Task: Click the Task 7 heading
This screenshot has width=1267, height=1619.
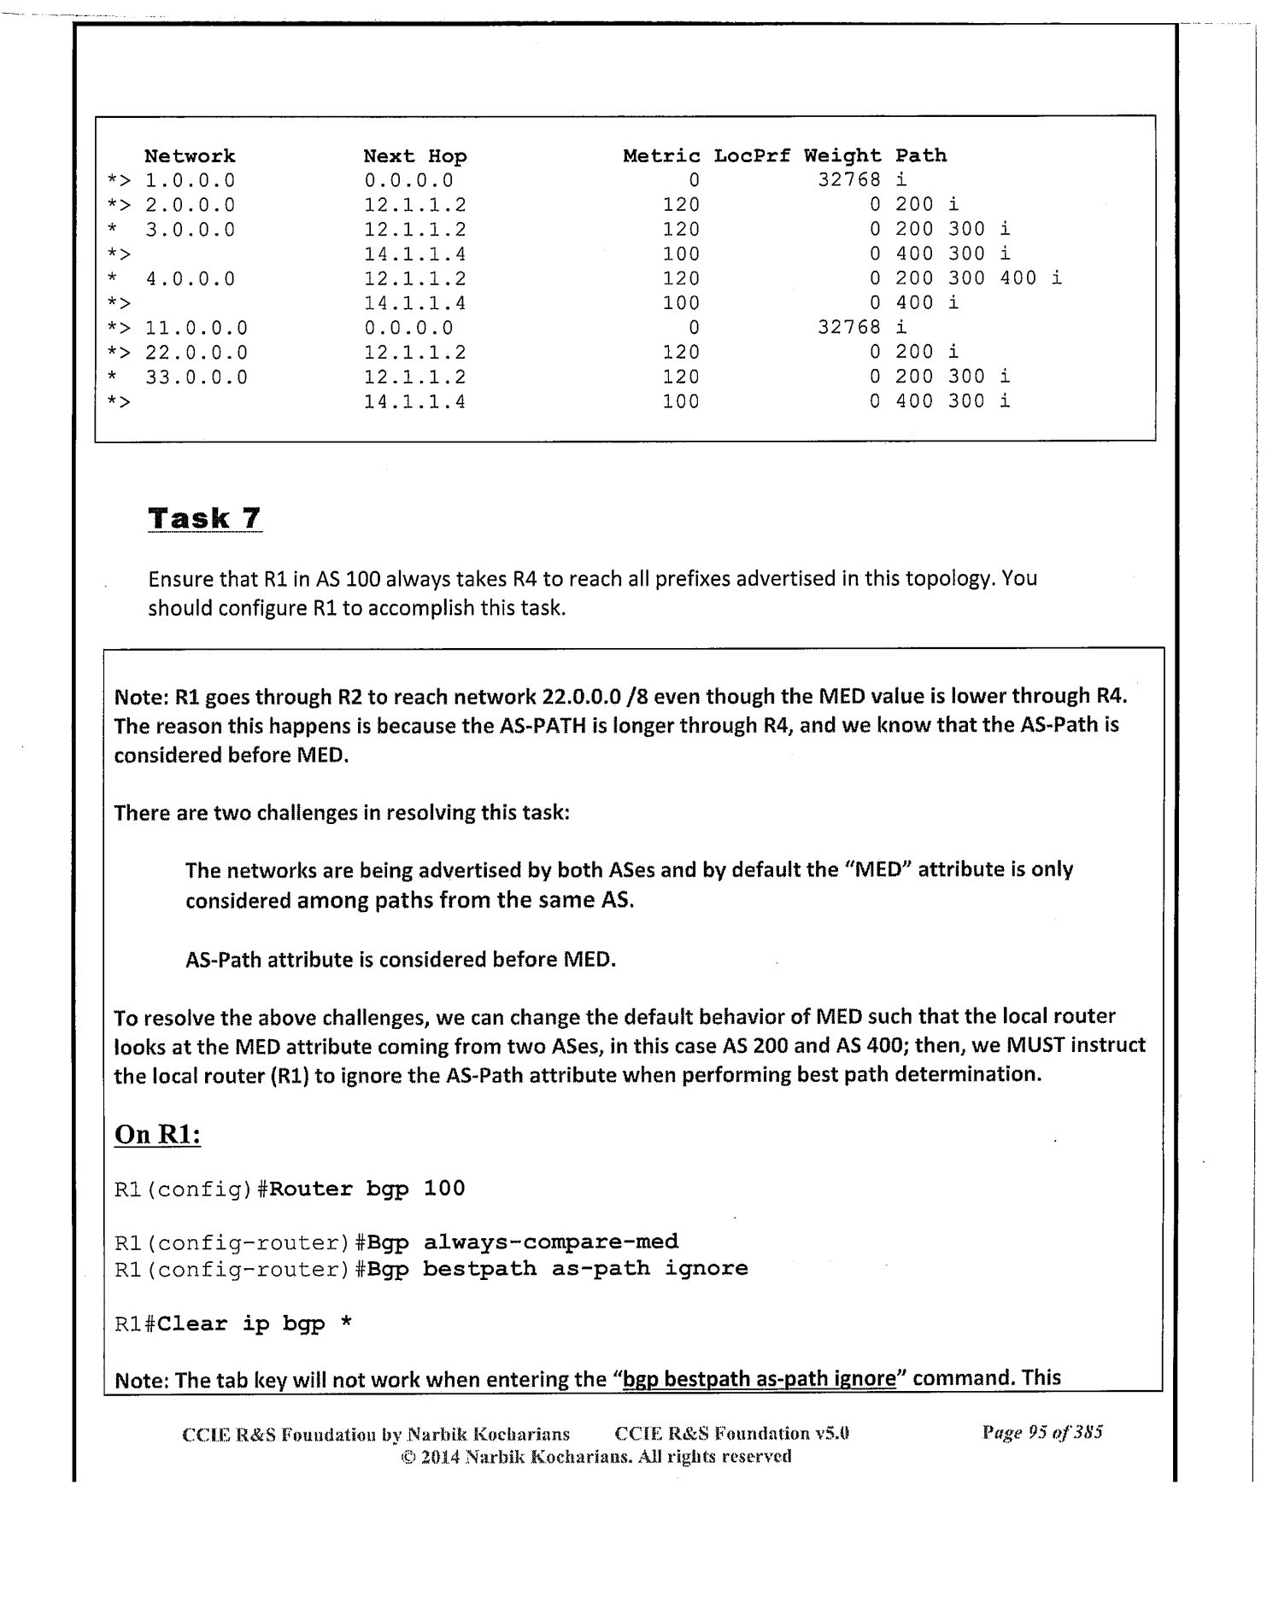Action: pyautogui.click(x=204, y=518)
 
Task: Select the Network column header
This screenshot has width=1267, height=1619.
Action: pyautogui.click(x=190, y=156)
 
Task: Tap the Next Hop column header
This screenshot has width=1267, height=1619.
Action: pyautogui.click(x=415, y=156)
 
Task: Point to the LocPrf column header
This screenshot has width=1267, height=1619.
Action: pyautogui.click(x=752, y=156)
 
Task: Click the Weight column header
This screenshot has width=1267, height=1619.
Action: pyautogui.click(x=842, y=156)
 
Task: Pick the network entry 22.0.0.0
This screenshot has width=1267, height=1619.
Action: pyautogui.click(x=197, y=353)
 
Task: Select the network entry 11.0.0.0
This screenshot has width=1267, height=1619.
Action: pyautogui.click(x=197, y=328)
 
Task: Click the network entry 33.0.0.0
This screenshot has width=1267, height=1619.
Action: pyautogui.click(x=197, y=377)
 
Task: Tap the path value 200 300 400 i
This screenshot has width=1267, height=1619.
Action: pyautogui.click(x=978, y=278)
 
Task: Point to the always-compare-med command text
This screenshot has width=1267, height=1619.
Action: pyautogui.click(x=551, y=1242)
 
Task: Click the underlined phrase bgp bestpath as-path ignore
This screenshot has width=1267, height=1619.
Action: pyautogui.click(x=759, y=1378)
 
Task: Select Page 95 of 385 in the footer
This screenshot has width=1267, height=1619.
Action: pyautogui.click(x=1042, y=1433)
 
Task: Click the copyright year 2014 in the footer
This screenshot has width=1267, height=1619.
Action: pyautogui.click(x=442, y=1457)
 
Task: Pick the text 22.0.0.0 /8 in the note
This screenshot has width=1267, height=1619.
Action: pyautogui.click(x=596, y=697)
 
